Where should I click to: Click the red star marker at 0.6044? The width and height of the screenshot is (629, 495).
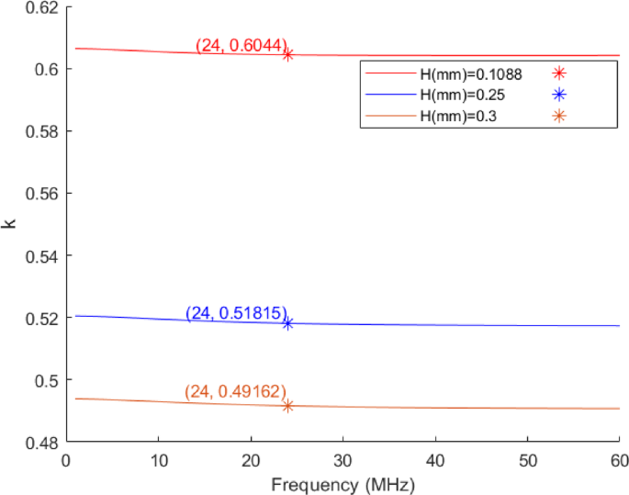[287, 55]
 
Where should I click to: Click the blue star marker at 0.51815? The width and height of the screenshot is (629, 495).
[287, 323]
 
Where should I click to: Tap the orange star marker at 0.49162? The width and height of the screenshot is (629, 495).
[287, 406]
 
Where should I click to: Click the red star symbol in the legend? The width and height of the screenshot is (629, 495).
[559, 74]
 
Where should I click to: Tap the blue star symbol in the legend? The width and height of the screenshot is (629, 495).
[559, 95]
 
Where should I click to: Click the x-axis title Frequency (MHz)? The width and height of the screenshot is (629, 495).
[342, 482]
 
